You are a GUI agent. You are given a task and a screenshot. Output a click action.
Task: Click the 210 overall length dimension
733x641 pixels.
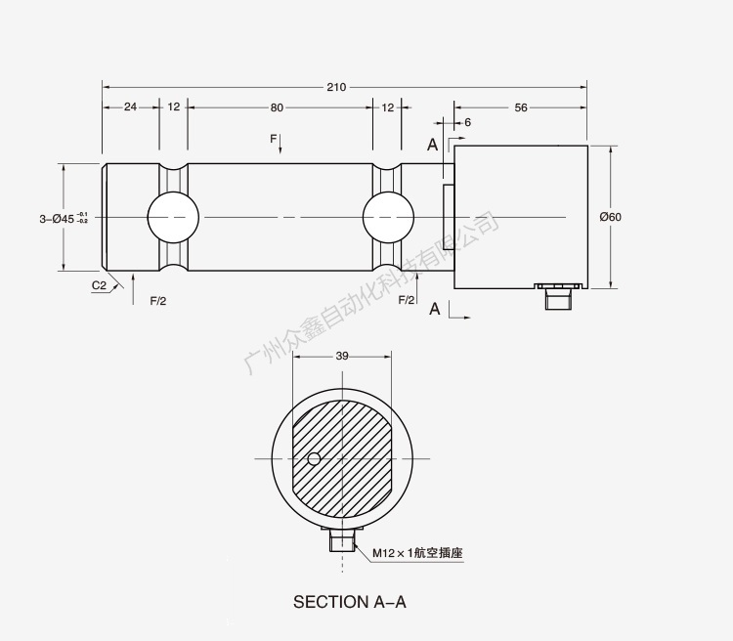[x=336, y=87]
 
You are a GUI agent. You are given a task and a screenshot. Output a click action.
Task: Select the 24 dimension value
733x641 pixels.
[x=130, y=107]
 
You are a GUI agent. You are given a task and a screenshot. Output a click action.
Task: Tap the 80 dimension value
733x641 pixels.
[x=277, y=107]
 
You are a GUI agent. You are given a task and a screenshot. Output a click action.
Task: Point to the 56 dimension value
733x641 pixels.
[x=520, y=107]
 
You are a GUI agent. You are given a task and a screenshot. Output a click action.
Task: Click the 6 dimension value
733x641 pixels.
[x=467, y=122]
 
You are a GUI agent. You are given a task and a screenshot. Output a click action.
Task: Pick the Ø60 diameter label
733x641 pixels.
[x=610, y=217]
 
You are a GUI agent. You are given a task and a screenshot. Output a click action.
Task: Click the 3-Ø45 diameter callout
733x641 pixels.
[x=64, y=218]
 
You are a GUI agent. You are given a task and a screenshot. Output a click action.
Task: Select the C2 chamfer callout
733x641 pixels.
[x=99, y=285]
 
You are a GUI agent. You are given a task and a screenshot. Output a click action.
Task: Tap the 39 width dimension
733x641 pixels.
[x=342, y=356]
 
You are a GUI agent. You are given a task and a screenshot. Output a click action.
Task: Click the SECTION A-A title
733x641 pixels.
[x=349, y=602]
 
